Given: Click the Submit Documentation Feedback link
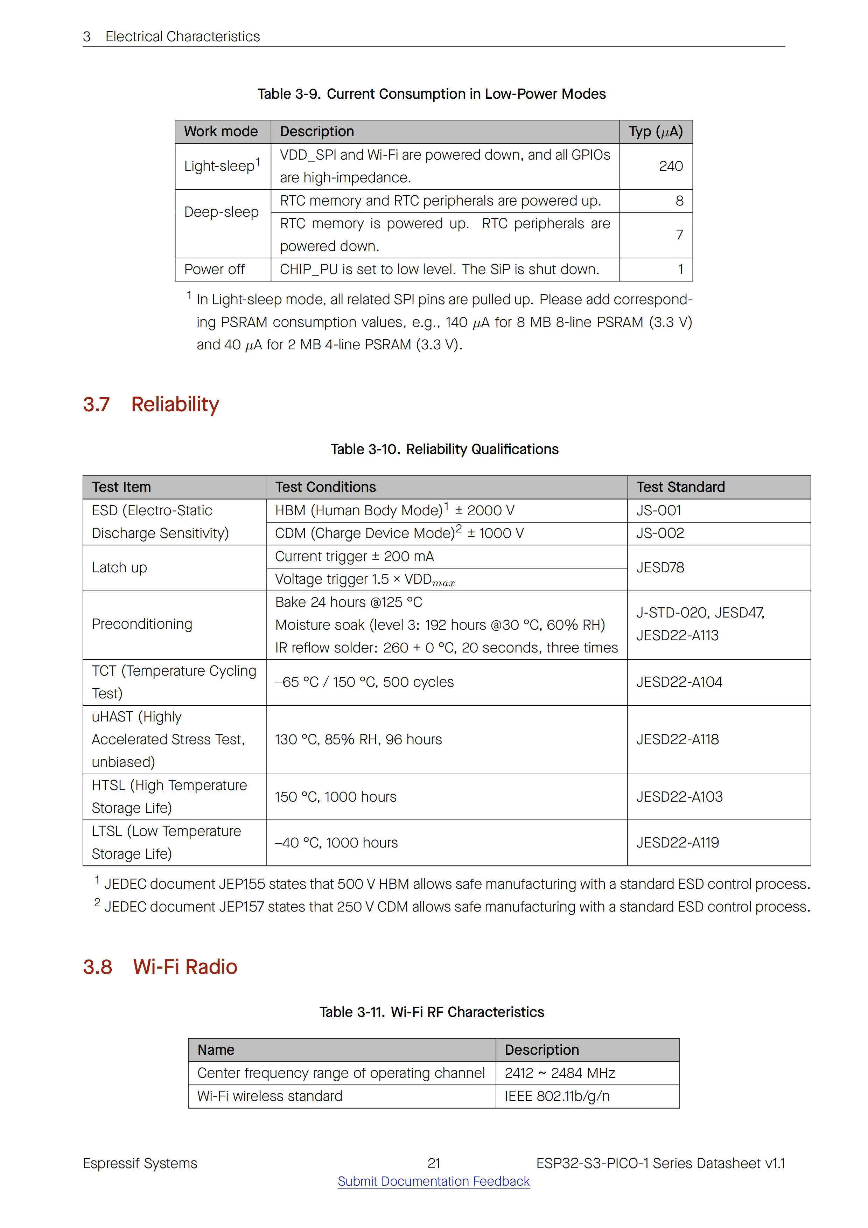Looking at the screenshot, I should pyautogui.click(x=433, y=1181).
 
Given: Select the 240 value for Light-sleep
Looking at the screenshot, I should pyautogui.click(x=671, y=166).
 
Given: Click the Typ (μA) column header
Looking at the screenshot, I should pyautogui.click(x=655, y=132).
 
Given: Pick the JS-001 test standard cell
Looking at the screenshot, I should pyautogui.click(x=659, y=510).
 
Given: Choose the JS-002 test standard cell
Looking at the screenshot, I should pyautogui.click(x=660, y=533).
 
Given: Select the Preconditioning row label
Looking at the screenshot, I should pyautogui.click(x=142, y=624).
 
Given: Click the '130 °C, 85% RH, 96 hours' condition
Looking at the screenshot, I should pyautogui.click(x=358, y=739).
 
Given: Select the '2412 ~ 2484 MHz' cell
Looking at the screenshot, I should pyautogui.click(x=559, y=1073).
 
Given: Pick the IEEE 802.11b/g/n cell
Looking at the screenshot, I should pyautogui.click(x=557, y=1096).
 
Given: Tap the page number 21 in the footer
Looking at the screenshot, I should pyautogui.click(x=434, y=1163).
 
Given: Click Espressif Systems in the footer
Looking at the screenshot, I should pyautogui.click(x=140, y=1163).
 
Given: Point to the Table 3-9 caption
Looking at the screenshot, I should pyautogui.click(x=431, y=94).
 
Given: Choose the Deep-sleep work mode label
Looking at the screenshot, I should pyautogui.click(x=222, y=212).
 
